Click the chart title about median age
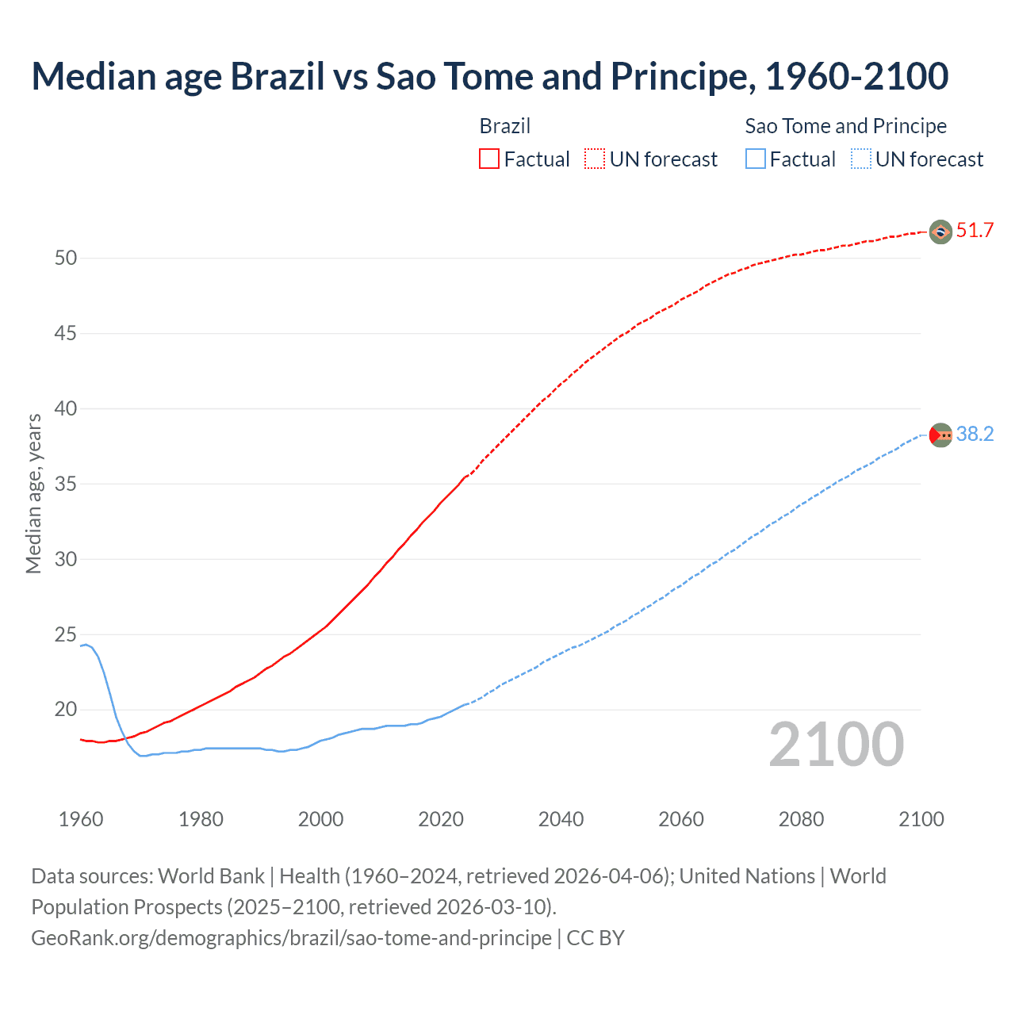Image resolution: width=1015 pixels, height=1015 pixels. coord(489,76)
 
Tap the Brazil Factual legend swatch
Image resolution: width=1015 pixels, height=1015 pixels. coord(489,159)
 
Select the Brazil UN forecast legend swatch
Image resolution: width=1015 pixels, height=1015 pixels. coord(595,159)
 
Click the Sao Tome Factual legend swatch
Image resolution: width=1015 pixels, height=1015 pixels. coord(755,159)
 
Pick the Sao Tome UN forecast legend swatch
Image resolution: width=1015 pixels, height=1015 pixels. coord(860,159)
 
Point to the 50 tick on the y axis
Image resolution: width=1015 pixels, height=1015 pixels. coord(66,259)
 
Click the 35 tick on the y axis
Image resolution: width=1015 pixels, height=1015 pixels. coord(66,485)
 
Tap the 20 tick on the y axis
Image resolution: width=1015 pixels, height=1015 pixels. coord(66,710)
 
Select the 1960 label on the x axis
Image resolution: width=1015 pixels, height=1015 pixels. coord(81,819)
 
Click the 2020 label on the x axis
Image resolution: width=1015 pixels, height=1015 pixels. coord(441,819)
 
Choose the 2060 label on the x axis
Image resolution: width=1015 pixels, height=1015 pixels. coord(681,819)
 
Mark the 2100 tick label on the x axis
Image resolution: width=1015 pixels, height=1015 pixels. coord(921,819)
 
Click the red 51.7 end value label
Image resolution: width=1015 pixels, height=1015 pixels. coord(975,231)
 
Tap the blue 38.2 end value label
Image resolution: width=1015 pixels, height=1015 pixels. coord(975,435)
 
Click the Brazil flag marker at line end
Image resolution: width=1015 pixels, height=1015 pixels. coord(940,232)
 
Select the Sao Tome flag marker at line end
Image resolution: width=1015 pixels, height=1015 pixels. coord(940,435)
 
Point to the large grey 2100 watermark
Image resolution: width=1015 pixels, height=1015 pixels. coord(836,745)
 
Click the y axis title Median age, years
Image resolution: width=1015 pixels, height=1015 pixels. coord(33,493)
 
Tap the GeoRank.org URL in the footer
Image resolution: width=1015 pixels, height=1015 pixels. coord(291,938)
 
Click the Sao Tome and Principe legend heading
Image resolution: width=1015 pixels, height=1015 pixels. coord(845,126)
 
